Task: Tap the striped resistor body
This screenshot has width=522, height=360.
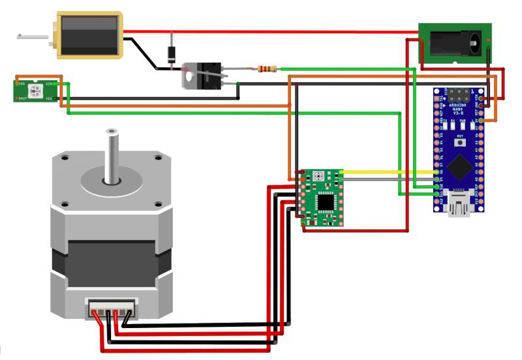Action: pyautogui.click(x=268, y=68)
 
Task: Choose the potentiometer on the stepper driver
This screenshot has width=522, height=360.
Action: pyautogui.click(x=318, y=177)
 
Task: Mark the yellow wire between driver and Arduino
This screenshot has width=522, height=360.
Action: pyautogui.click(x=391, y=172)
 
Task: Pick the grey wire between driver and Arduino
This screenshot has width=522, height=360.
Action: pyautogui.click(x=391, y=179)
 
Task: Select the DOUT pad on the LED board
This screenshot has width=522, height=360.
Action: pyautogui.click(x=16, y=98)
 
